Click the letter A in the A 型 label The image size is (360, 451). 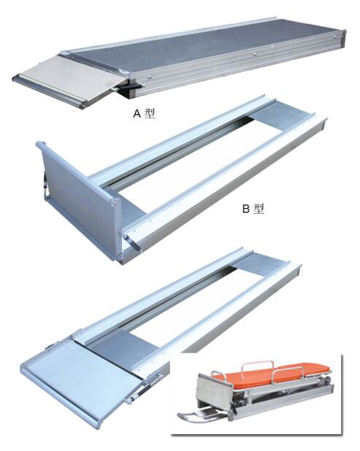coord(137,114)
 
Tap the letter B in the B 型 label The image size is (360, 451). coord(246,209)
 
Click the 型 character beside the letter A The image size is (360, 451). coord(150,114)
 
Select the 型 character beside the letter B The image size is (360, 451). coord(258,209)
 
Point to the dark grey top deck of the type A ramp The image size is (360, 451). coord(202,47)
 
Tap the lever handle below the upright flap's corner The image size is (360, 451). coord(131,242)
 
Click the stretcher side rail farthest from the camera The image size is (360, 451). coord(257,365)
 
